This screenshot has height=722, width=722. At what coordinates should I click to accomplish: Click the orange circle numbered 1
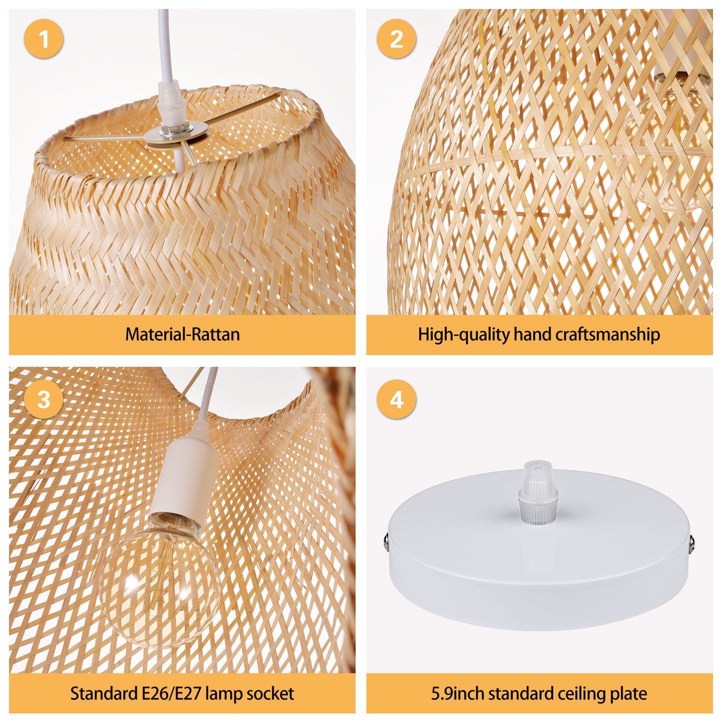pyautogui.click(x=43, y=38)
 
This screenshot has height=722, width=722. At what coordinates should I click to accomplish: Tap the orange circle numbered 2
pyautogui.click(x=396, y=38)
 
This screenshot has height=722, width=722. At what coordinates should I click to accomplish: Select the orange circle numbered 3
pyautogui.click(x=43, y=399)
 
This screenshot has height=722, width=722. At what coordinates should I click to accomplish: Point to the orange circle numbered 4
pyautogui.click(x=396, y=399)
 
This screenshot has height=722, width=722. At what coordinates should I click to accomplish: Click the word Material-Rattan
pyautogui.click(x=182, y=334)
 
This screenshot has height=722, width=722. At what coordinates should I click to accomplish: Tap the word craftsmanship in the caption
pyautogui.click(x=607, y=334)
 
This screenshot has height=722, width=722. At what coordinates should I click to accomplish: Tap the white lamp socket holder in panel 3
pyautogui.click(x=183, y=479)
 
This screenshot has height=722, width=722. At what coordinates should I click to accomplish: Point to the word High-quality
pyautogui.click(x=463, y=334)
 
